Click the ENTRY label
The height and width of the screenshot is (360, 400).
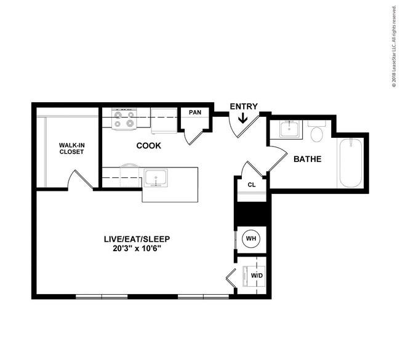point(244,106)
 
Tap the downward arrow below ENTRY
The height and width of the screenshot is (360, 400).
point(242,118)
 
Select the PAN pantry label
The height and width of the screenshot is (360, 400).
point(195,112)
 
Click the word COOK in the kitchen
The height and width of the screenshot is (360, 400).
point(148,146)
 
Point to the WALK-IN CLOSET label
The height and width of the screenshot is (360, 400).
point(71,148)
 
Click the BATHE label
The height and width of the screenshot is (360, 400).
point(308,159)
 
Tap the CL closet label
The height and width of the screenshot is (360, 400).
point(252,185)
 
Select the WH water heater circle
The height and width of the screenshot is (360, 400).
point(251,239)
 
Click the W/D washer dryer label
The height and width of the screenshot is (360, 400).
point(257,276)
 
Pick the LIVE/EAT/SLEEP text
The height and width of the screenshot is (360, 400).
point(137,239)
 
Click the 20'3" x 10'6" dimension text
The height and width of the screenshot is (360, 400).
point(137,248)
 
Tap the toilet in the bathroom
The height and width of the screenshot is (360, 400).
point(316,132)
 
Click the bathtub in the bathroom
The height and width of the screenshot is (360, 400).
point(351,163)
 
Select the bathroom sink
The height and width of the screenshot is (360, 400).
point(289,129)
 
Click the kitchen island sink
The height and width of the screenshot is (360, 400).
point(156,178)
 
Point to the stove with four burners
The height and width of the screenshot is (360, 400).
point(124,119)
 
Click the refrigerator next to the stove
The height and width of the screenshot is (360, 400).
point(164,121)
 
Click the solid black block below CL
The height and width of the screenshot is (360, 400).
point(252,214)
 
